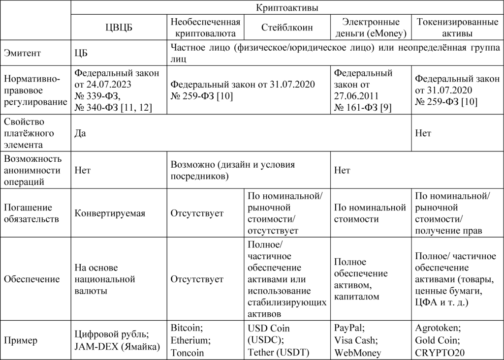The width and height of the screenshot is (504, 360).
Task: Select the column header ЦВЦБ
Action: pos(119,28)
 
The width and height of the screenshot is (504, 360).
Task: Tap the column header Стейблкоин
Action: pos(286,28)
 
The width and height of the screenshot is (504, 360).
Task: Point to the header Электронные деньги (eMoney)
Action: pos(370,28)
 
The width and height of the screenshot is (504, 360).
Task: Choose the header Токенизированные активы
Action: pos(451,28)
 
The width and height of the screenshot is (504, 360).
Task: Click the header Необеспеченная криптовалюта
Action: pos(206,28)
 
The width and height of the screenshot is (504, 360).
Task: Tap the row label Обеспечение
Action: pos(31,279)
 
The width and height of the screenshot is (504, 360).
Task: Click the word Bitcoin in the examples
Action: pos(186,328)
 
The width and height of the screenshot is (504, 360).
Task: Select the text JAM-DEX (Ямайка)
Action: pos(118,346)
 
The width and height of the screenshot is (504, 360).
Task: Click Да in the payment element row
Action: pos(80,133)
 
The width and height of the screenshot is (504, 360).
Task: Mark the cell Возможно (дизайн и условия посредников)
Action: pos(233,170)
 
